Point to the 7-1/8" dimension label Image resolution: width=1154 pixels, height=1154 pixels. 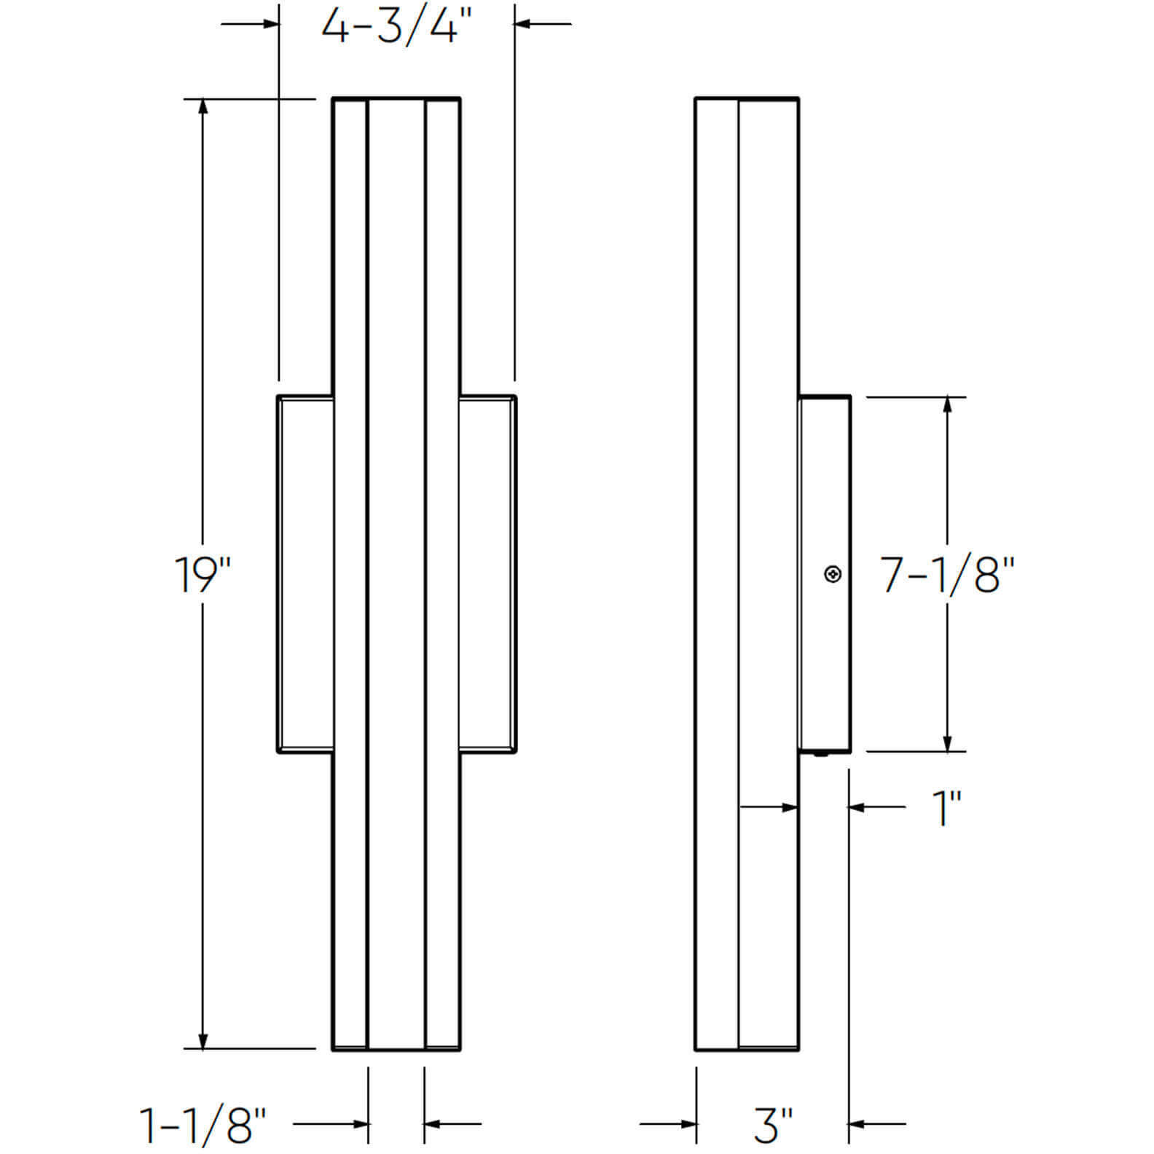click(x=948, y=575)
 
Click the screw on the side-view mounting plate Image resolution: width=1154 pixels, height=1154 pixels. click(x=833, y=575)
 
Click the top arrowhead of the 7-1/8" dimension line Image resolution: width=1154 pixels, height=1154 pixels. click(x=947, y=405)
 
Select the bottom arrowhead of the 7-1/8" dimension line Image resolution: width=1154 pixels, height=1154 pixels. click(x=947, y=743)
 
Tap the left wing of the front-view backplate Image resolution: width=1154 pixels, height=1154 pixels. click(x=305, y=574)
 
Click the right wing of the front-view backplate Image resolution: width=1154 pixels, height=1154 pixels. click(x=487, y=574)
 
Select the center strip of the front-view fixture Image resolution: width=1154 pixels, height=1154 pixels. click(x=396, y=574)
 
